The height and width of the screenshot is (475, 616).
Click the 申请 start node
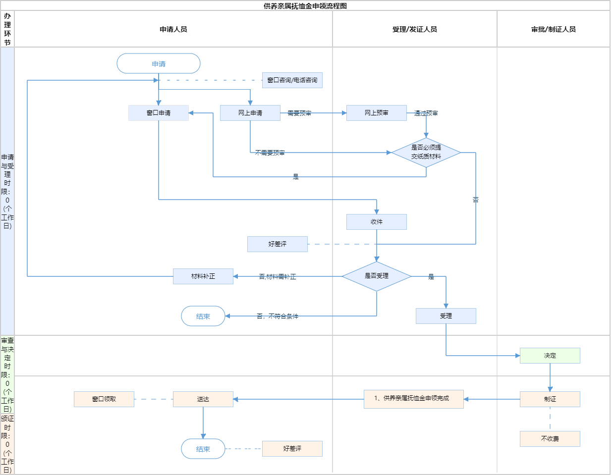[x=159, y=64]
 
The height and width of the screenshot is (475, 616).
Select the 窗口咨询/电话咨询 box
[x=292, y=80]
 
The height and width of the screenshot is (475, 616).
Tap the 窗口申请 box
[x=159, y=113]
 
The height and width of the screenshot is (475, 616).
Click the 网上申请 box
[x=250, y=113]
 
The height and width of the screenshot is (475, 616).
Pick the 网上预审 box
[x=377, y=113]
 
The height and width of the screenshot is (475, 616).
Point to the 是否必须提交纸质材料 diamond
[x=426, y=152]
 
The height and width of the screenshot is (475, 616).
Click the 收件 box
[x=377, y=222]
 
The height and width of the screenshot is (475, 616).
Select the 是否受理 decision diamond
[x=377, y=276]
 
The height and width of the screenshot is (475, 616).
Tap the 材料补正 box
[x=203, y=276]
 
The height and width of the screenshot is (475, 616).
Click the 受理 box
[x=446, y=316]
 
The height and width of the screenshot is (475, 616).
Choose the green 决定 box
[x=550, y=356]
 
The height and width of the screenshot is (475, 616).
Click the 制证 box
[x=550, y=399]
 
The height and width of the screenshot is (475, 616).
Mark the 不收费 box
[x=550, y=439]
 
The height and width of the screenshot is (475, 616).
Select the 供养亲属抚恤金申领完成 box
[x=414, y=399]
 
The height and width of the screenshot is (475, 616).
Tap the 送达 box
[x=203, y=399]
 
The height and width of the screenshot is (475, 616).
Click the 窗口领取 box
[x=104, y=399]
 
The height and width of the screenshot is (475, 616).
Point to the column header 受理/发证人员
[x=415, y=29]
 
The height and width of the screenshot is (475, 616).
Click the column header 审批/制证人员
[x=554, y=29]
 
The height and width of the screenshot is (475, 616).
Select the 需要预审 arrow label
[x=300, y=113]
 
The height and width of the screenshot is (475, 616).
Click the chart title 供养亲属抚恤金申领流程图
[x=305, y=6]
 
